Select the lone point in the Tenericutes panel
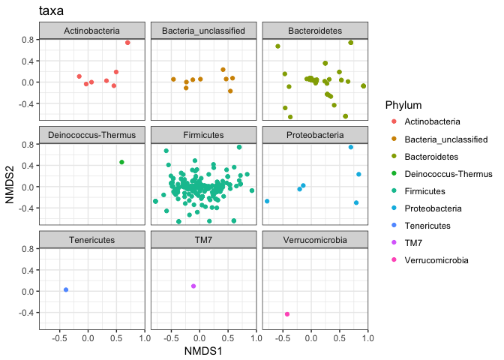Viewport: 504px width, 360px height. [66, 289]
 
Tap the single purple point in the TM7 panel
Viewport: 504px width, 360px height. [193, 286]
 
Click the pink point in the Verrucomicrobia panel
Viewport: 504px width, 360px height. [287, 314]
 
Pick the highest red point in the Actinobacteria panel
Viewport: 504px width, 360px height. [127, 43]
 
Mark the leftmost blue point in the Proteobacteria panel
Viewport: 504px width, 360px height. [267, 201]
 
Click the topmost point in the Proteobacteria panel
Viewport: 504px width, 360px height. [350, 147]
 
